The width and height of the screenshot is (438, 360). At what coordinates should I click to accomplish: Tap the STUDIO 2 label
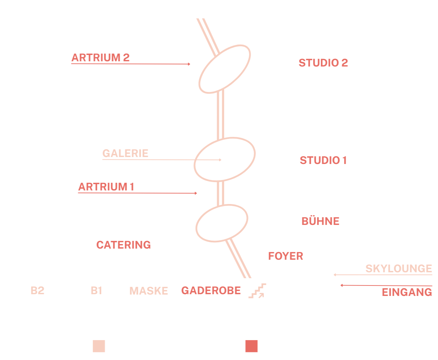[x=323, y=63]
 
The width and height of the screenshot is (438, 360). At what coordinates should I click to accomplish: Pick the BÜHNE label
[x=319, y=221]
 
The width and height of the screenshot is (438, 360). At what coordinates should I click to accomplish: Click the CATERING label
[x=123, y=245]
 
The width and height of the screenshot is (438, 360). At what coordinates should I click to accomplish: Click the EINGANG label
[x=406, y=294]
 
